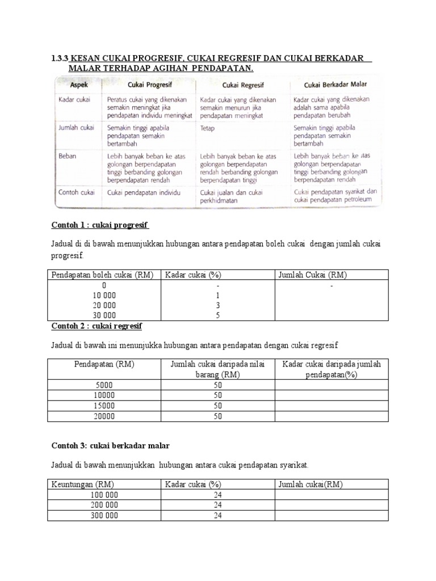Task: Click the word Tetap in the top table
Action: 208,128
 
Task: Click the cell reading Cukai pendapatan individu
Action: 144,192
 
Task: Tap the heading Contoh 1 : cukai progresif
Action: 100,225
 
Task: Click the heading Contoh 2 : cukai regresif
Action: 97,326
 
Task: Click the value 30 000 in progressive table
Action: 104,315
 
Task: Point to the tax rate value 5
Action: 217,315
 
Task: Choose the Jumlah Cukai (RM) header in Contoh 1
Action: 312,275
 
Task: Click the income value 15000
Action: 104,406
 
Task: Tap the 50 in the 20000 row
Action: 218,416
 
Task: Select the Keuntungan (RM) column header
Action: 82,484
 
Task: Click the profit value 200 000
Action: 104,505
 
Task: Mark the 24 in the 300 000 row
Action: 217,515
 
